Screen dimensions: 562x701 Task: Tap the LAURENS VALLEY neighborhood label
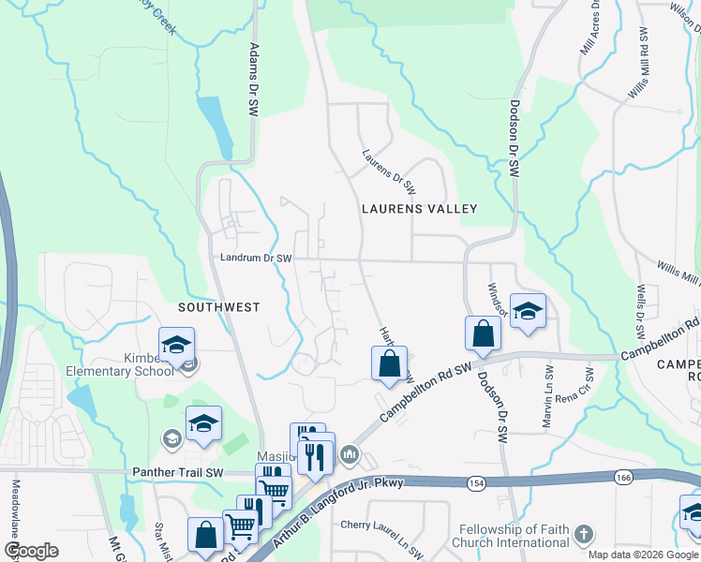420,210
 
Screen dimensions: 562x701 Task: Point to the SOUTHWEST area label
219,307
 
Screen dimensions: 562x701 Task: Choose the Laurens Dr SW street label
387,167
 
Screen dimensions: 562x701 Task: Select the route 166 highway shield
623,478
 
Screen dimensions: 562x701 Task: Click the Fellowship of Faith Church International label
510,536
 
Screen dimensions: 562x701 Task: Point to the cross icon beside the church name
583,536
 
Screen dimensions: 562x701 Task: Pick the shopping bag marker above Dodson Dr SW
483,334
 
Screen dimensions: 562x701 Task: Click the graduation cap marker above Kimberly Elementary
176,345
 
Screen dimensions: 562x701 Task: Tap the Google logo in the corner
32,551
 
